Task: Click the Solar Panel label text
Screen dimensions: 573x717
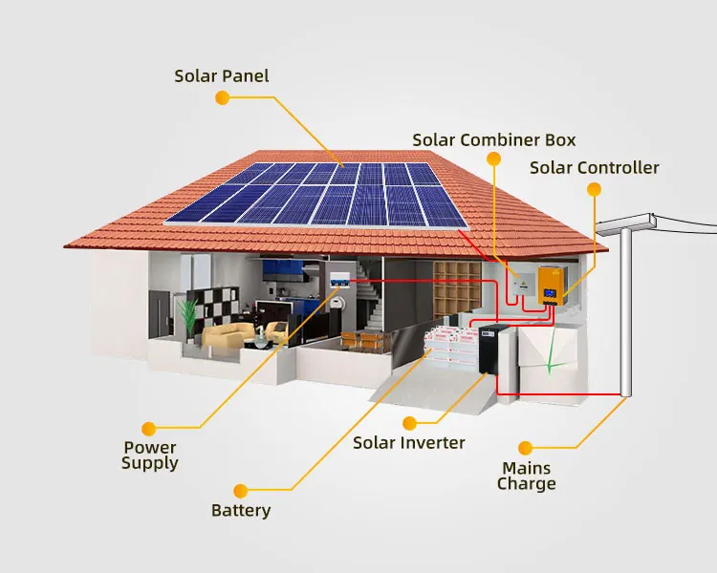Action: pyautogui.click(x=223, y=75)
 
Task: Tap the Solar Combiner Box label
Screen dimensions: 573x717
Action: pyautogui.click(x=494, y=140)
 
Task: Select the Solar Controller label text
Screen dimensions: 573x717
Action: pyautogui.click(x=594, y=168)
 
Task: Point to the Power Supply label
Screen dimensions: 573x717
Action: pyautogui.click(x=150, y=455)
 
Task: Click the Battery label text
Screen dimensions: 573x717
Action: pyautogui.click(x=241, y=511)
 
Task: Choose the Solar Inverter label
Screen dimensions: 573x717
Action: pyautogui.click(x=408, y=443)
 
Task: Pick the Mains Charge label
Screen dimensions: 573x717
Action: pyautogui.click(x=526, y=476)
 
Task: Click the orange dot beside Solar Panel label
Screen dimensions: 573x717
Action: pyautogui.click(x=222, y=97)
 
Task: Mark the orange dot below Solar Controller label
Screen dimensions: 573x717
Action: pyautogui.click(x=594, y=189)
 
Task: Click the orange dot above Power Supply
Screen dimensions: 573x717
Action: pyautogui.click(x=148, y=428)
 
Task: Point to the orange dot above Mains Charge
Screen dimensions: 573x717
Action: pyautogui.click(x=524, y=446)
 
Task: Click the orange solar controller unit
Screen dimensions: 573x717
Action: pyautogui.click(x=551, y=285)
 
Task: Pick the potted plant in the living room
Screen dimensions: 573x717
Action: pyautogui.click(x=189, y=317)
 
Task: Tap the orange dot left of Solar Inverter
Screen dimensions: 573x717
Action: pyautogui.click(x=410, y=422)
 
